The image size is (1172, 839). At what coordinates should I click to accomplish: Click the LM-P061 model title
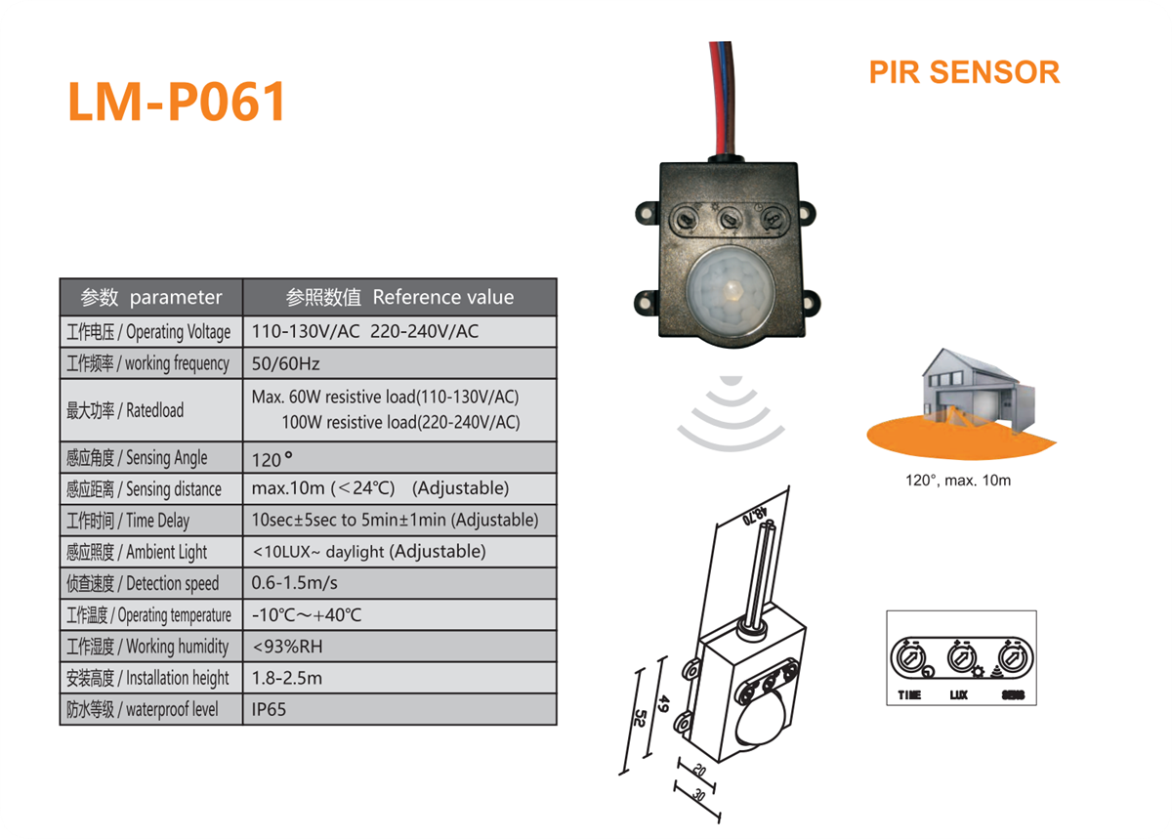[177, 102]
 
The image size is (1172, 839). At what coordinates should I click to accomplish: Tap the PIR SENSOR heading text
[963, 72]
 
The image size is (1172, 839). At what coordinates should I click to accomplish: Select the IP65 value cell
[270, 709]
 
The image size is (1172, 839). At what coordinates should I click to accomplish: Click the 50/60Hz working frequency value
[285, 363]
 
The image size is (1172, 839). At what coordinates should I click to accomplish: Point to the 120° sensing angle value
[272, 457]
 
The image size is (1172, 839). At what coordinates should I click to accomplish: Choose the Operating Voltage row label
[148, 331]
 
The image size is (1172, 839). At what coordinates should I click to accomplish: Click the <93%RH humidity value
[287, 647]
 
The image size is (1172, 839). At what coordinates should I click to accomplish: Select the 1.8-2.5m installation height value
[287, 678]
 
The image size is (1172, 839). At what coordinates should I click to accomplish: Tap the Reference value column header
[399, 297]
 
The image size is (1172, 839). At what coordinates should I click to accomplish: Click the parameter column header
[151, 297]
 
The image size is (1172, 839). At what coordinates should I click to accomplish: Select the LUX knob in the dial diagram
[960, 656]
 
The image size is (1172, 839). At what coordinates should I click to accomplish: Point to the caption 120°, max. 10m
[957, 481]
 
